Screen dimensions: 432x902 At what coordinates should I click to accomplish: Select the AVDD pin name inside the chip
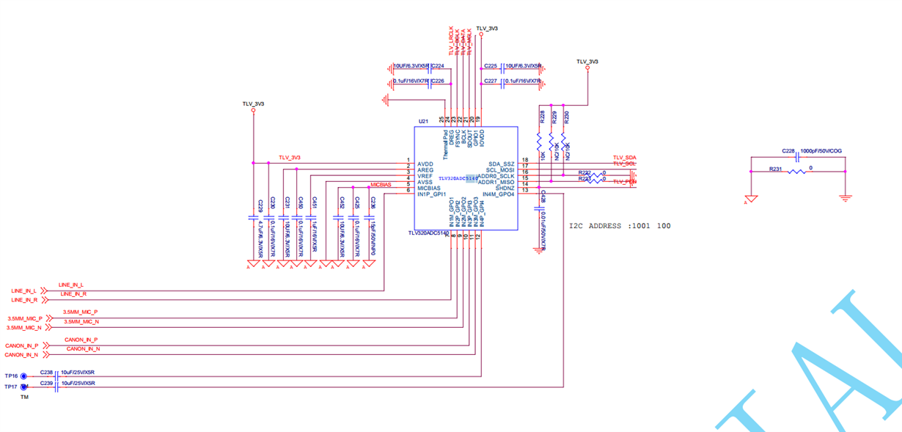pos(425,164)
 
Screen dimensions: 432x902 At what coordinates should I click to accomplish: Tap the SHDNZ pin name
pos(505,188)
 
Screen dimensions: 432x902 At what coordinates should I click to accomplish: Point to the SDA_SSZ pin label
pos(502,164)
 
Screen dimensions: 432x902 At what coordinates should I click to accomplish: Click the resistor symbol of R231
pos(796,172)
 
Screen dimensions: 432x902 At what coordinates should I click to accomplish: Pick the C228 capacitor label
pos(788,151)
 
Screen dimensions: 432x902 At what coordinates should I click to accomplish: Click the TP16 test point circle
pos(24,376)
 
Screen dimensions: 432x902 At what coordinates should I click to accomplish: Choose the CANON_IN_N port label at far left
pos(21,355)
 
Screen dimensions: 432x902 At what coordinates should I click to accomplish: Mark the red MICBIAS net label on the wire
pos(381,185)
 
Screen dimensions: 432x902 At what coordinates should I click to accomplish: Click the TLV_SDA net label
pos(625,158)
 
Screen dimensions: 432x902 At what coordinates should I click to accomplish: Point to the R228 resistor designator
pos(542,116)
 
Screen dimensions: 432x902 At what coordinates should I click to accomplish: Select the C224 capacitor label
pos(438,66)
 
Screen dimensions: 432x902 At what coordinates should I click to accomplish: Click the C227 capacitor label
pos(491,81)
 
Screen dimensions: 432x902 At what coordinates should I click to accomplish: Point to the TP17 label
pos(10,387)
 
